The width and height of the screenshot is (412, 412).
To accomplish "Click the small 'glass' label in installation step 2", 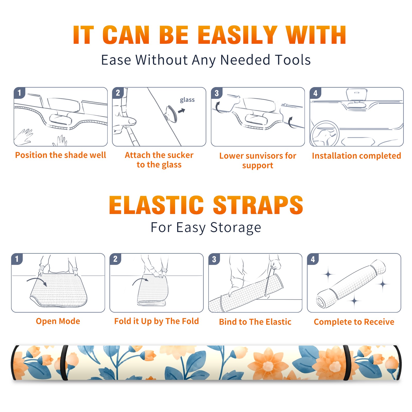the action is pyautogui.click(x=187, y=100).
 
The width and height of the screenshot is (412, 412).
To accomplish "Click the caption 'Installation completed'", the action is pyautogui.click(x=356, y=156).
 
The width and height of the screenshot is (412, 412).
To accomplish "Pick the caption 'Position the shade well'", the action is pyautogui.click(x=61, y=155).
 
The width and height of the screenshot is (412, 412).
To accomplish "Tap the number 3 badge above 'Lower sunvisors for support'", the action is pyautogui.click(x=217, y=93).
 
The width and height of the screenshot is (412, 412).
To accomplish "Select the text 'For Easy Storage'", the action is pyautogui.click(x=206, y=227).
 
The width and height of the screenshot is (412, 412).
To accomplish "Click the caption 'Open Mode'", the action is pyautogui.click(x=58, y=321).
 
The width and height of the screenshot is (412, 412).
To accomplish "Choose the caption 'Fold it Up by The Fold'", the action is pyautogui.click(x=157, y=321).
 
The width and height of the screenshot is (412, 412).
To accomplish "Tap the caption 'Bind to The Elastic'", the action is pyautogui.click(x=255, y=322).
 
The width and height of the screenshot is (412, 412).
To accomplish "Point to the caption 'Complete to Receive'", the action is pyautogui.click(x=354, y=322).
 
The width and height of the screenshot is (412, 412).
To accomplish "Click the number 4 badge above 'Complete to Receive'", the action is pyautogui.click(x=313, y=259).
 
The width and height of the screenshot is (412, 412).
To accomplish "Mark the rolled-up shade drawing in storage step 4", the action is pyautogui.click(x=351, y=284).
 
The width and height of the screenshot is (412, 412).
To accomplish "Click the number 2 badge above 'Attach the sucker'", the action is pyautogui.click(x=118, y=93).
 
